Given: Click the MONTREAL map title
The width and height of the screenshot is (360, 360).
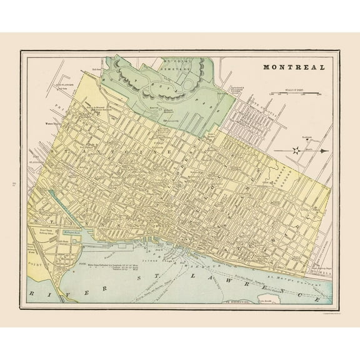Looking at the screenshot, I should (x=293, y=67).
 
